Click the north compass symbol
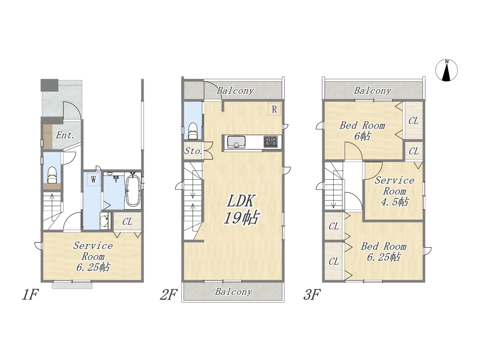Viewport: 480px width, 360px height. (446, 70)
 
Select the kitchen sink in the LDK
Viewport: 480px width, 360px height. (236, 142)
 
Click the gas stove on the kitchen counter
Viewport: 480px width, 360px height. (270, 141)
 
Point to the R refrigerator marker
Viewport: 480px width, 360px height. (274, 109)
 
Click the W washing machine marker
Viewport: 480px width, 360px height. (93, 180)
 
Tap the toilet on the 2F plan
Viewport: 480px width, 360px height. (193, 131)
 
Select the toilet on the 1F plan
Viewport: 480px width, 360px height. (52, 175)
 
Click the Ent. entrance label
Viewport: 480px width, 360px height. (65, 135)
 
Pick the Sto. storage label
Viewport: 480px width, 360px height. (193, 151)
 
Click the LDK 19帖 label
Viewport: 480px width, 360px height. (241, 209)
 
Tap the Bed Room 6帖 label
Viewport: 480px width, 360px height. (362, 131)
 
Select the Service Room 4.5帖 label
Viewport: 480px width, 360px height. (394, 191)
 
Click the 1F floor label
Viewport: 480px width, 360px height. (30, 295)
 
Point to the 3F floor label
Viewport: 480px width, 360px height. (312, 295)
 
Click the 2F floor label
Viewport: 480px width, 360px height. (168, 295)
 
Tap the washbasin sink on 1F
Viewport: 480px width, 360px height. (105, 220)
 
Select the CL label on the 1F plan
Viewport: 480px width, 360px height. (127, 222)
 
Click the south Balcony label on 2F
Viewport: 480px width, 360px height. (234, 292)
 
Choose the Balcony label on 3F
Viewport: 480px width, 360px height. (372, 90)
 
